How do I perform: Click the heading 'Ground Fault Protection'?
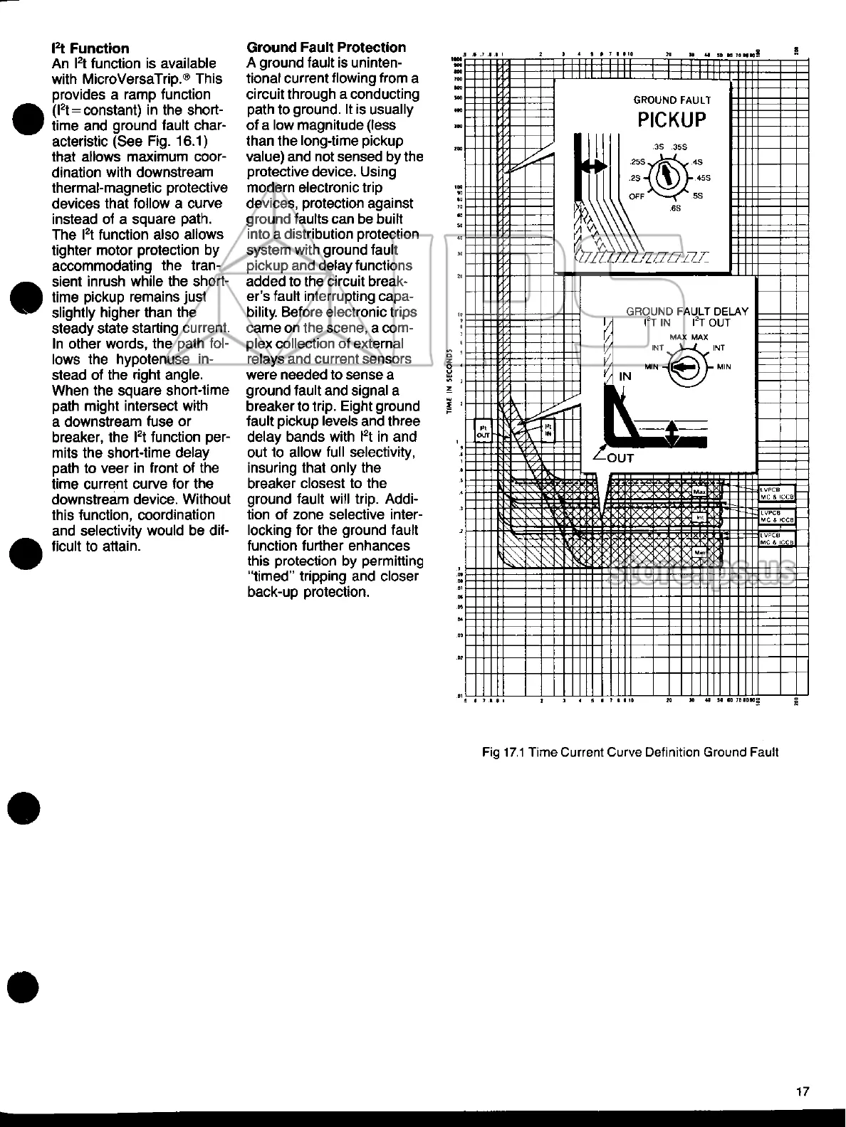point(326,48)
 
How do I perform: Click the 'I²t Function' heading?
point(90,48)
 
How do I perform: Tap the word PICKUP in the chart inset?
point(672,120)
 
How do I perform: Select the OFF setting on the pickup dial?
point(637,196)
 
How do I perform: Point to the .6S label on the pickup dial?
point(675,208)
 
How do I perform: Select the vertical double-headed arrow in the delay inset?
point(672,434)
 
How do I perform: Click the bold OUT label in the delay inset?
point(620,458)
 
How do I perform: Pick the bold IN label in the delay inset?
point(625,376)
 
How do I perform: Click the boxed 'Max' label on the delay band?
point(699,492)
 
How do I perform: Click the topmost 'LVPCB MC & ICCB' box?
point(776,493)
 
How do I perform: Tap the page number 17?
point(803,1092)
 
